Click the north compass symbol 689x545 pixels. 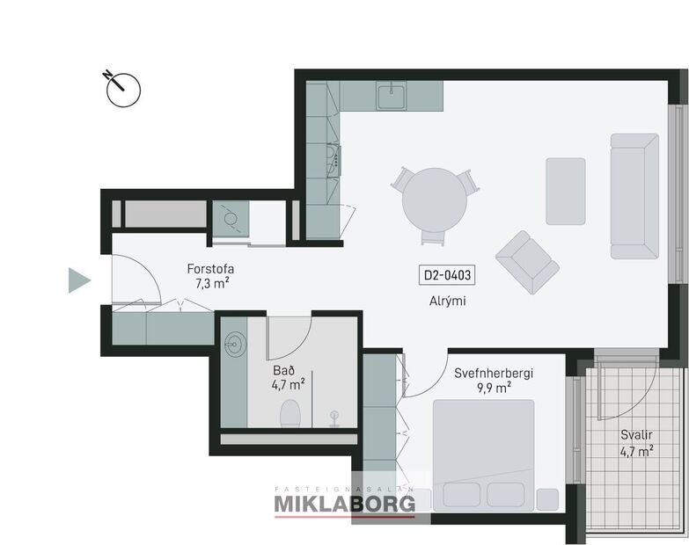click(122, 87)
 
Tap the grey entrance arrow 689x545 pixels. click(79, 280)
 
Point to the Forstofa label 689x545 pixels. click(210, 269)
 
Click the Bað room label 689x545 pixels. click(282, 369)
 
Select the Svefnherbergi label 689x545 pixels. click(494, 373)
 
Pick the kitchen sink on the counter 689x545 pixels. click(391, 95)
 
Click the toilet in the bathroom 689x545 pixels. click(290, 413)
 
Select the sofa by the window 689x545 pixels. click(634, 196)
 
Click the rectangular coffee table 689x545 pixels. click(565, 191)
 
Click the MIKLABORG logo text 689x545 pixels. click(344, 503)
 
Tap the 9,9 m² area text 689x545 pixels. click(494, 388)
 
